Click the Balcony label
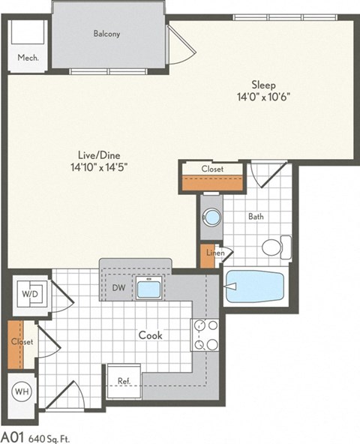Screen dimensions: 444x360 point(107,34)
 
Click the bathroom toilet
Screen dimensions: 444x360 point(274,247)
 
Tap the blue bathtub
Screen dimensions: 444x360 point(255,287)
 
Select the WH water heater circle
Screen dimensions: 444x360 point(22,391)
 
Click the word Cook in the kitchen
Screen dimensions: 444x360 point(149,335)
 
